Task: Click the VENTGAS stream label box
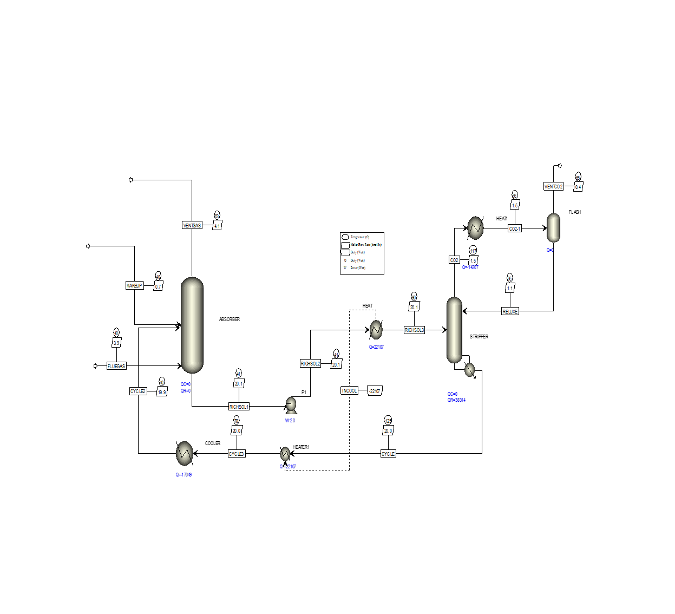tap(192, 225)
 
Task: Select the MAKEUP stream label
tap(134, 285)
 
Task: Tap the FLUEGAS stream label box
tap(116, 366)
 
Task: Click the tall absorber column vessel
tap(192, 325)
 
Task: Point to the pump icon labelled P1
tap(291, 404)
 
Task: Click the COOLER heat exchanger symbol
tap(185, 453)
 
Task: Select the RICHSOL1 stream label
tap(239, 407)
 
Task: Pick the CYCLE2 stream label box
tap(138, 391)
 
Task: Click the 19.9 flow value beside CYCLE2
tap(162, 392)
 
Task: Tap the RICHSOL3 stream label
tap(414, 330)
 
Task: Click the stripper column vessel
tap(454, 330)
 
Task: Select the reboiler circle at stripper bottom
tap(470, 370)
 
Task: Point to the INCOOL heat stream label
tap(349, 390)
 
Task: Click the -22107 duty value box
tap(375, 390)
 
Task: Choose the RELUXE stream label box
tap(510, 311)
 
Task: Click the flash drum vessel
tap(553, 227)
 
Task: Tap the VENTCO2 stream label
tap(553, 186)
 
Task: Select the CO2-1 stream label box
tap(515, 228)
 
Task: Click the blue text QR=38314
tap(456, 400)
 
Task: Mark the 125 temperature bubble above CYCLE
tap(388, 421)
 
